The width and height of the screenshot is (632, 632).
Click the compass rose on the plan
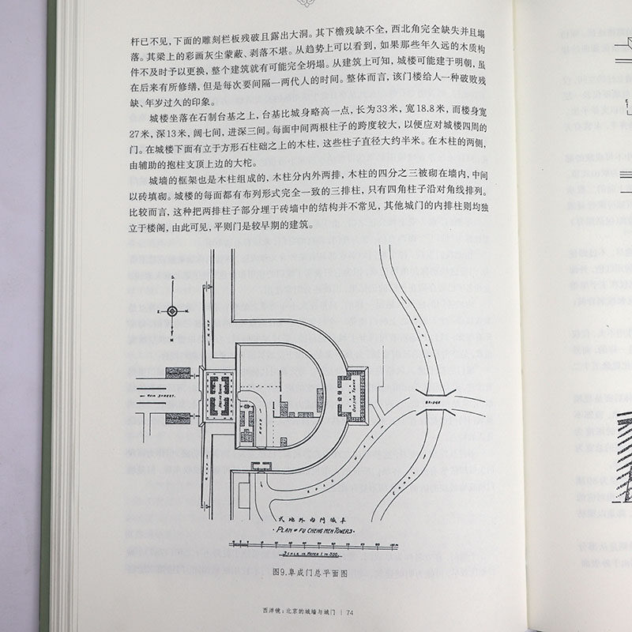click(x=171, y=311)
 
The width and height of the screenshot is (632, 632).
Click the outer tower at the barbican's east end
click(x=353, y=392)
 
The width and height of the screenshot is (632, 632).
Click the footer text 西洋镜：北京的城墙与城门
click(x=299, y=611)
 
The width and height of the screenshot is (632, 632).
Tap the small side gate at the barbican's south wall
click(x=261, y=467)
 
